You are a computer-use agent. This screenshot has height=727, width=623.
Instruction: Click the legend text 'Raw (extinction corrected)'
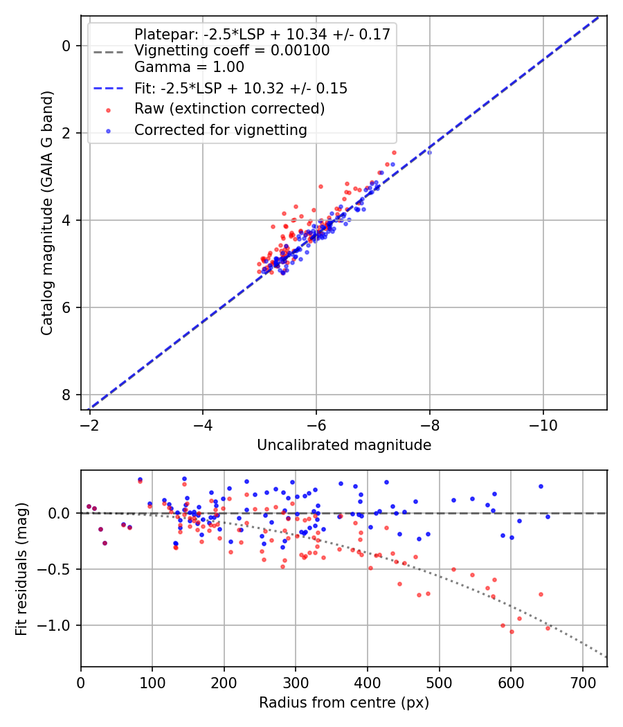229,109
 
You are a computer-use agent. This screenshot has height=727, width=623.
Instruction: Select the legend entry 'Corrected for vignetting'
220,129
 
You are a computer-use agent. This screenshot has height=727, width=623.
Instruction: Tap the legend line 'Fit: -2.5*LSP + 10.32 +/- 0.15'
241,89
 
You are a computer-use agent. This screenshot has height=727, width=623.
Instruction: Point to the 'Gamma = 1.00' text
189,67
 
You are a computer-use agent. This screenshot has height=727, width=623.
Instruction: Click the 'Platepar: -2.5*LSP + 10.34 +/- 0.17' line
262,35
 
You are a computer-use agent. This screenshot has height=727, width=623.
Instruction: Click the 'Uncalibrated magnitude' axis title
344,445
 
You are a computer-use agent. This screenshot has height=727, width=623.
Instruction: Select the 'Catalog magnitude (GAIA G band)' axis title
47,211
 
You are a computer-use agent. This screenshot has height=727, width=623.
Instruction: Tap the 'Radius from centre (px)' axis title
344,703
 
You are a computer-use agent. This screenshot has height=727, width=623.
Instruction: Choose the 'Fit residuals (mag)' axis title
21,569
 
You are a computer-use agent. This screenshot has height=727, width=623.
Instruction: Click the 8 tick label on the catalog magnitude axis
66,395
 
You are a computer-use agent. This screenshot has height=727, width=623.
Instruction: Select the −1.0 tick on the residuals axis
58,625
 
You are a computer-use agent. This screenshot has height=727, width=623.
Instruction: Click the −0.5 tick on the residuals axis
58,569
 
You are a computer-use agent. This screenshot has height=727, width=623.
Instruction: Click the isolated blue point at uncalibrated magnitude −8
429,152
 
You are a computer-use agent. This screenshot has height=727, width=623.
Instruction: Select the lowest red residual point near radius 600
512,631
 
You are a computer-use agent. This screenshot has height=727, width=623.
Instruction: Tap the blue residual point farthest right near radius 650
548,517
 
